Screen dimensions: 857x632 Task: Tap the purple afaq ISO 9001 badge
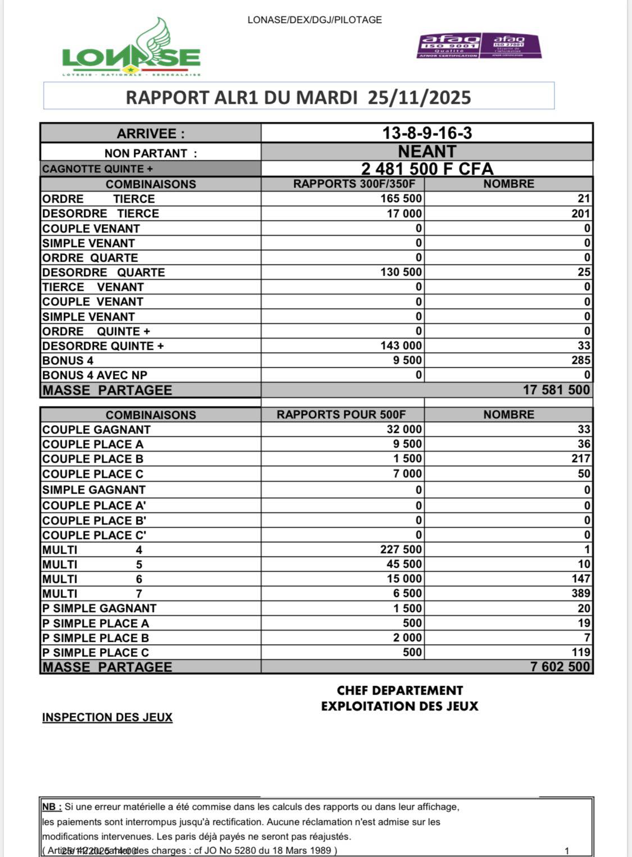(x=448, y=45)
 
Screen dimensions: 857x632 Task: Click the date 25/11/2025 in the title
(x=419, y=97)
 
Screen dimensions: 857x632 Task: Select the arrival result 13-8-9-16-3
(x=427, y=133)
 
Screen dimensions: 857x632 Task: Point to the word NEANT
(x=427, y=152)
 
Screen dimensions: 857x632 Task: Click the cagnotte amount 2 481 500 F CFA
(x=427, y=168)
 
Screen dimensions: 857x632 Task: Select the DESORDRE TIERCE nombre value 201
(x=580, y=213)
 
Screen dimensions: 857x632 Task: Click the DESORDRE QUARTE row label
(x=103, y=272)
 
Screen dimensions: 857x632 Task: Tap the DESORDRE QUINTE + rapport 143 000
(x=401, y=346)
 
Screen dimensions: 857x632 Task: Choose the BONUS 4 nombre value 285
(x=580, y=361)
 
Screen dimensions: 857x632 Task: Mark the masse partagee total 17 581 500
(x=556, y=390)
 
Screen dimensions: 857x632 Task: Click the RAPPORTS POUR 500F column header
(x=341, y=414)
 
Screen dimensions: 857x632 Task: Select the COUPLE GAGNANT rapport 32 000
(x=404, y=430)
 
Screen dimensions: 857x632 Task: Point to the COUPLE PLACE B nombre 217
(x=580, y=459)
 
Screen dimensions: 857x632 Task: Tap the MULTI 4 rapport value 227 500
(x=401, y=550)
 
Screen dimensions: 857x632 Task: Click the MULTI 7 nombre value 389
(x=580, y=594)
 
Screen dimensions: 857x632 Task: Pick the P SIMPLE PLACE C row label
(x=96, y=653)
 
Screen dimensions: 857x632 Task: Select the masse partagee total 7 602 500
(x=560, y=667)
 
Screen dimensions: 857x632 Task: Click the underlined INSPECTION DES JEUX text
(x=107, y=718)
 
